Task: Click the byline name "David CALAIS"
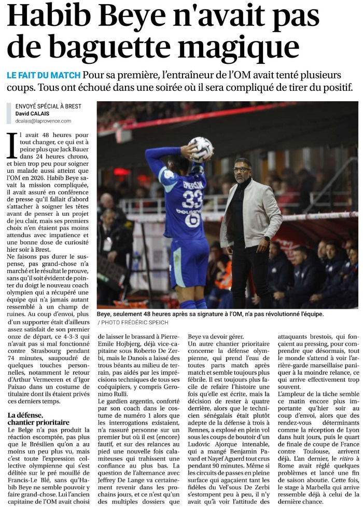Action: [32, 113]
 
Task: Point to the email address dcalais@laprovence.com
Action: [43, 121]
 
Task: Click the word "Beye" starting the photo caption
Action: [105, 314]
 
